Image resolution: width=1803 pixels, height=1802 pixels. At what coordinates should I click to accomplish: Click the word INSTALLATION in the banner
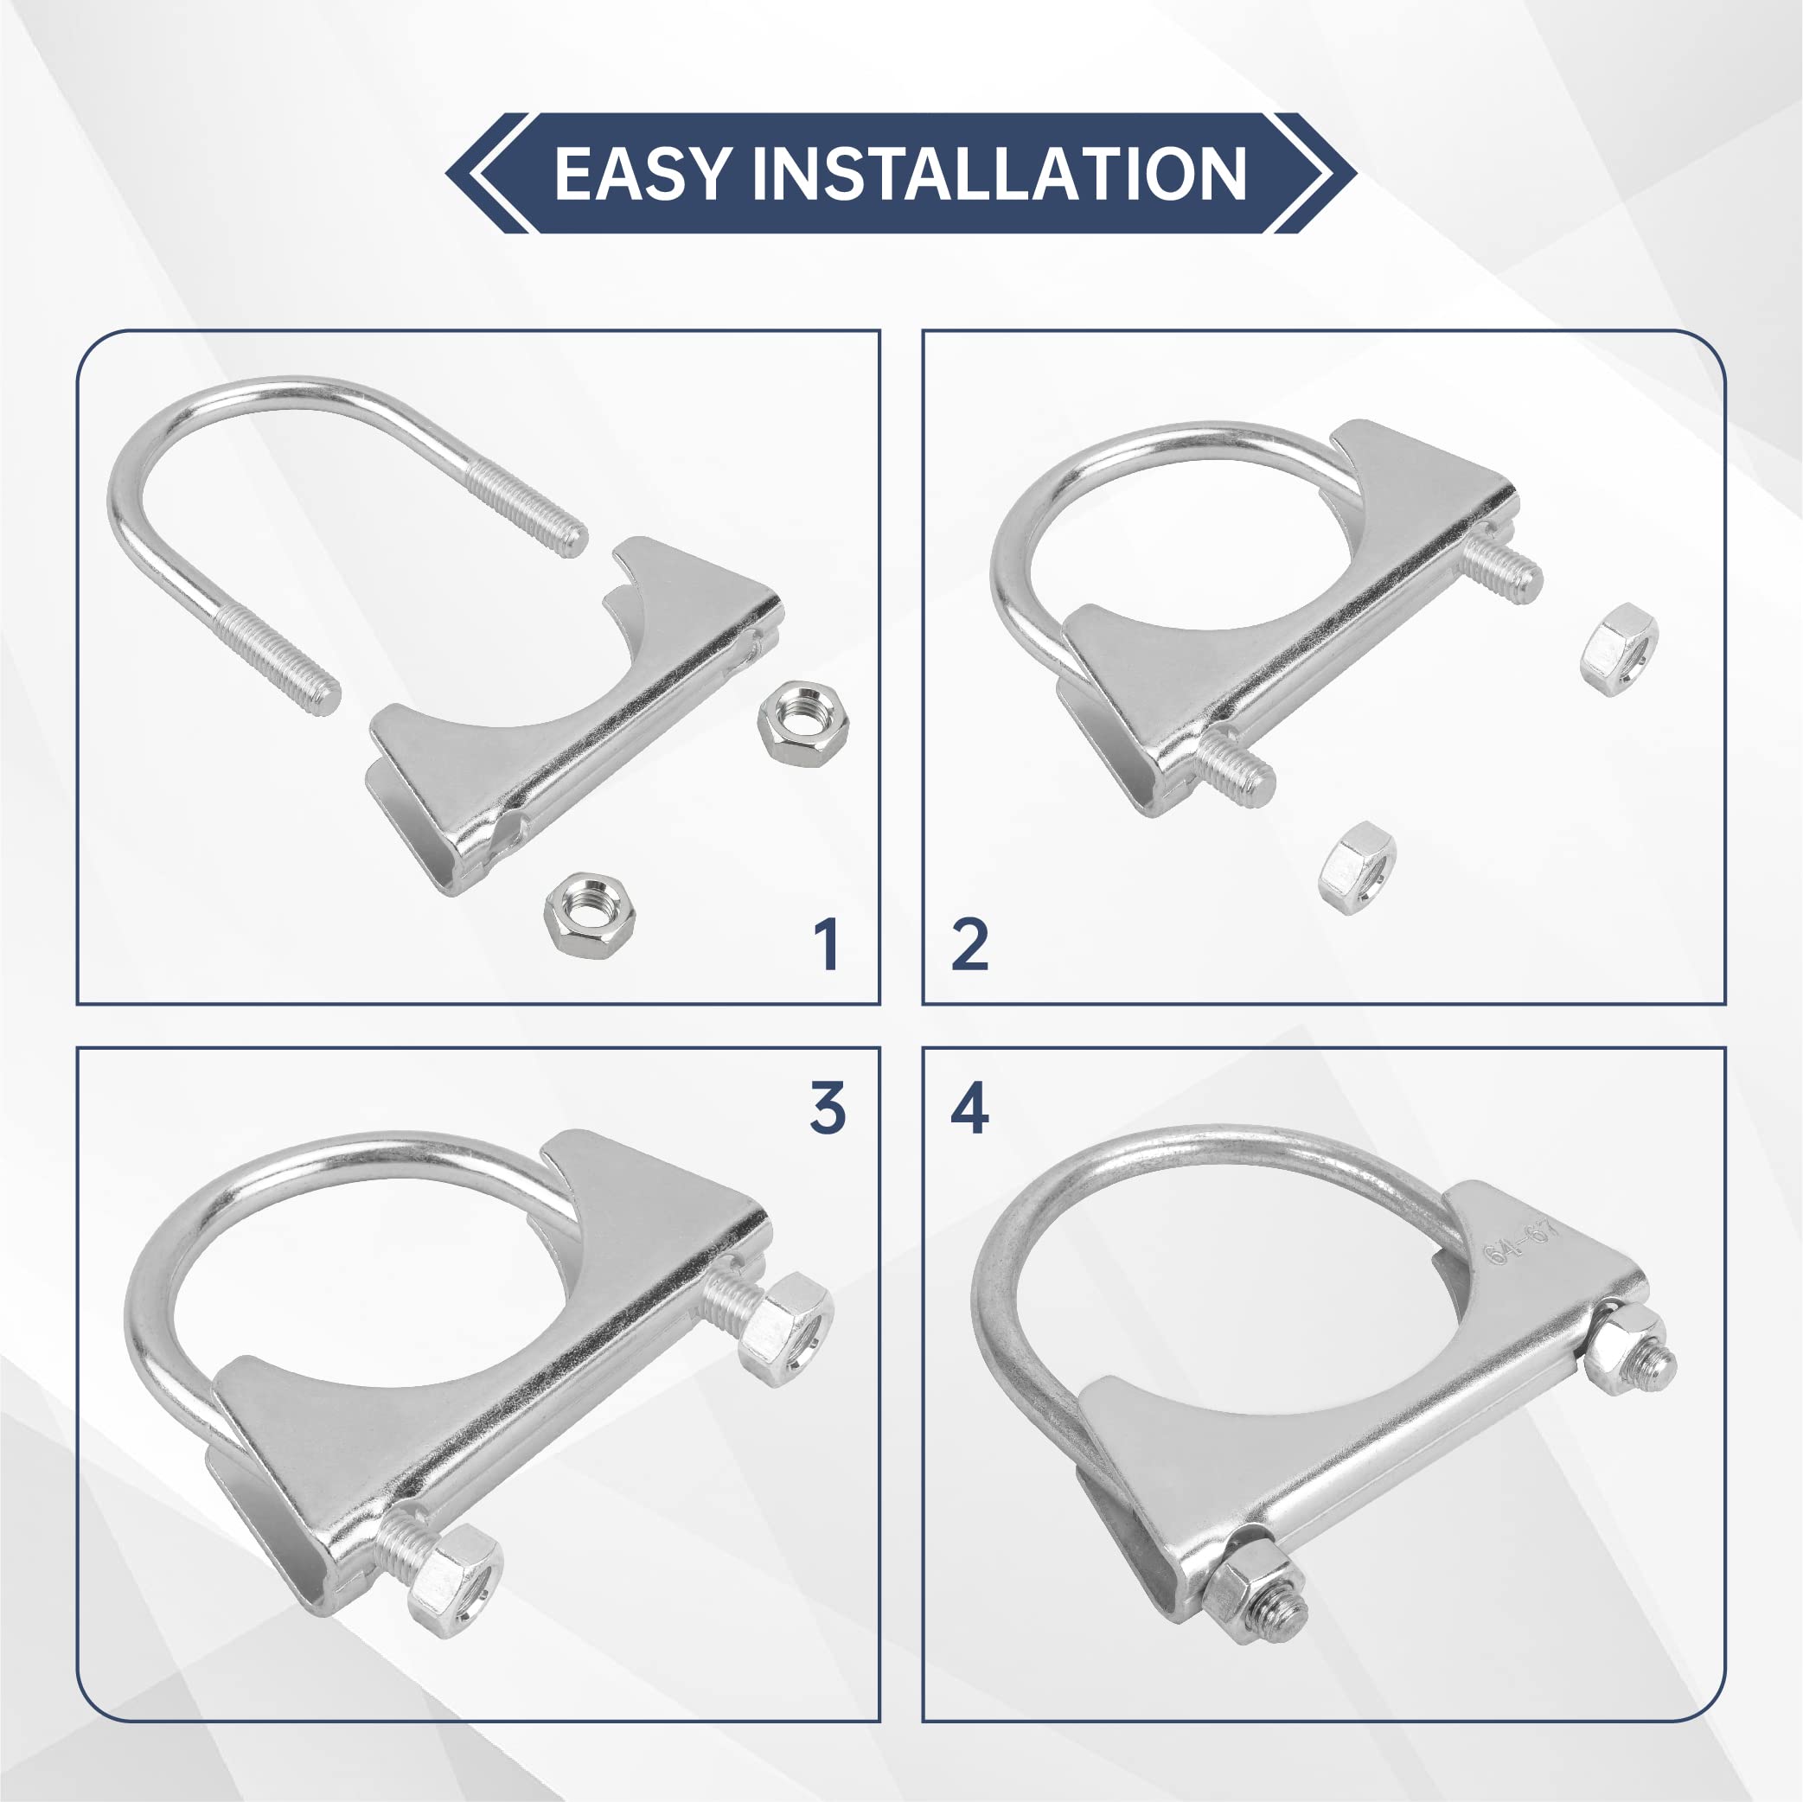click(999, 174)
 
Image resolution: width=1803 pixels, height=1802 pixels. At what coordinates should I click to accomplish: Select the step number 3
click(827, 1109)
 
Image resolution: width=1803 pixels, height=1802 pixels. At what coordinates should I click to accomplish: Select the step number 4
click(969, 1109)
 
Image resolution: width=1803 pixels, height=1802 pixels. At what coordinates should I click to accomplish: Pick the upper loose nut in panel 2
click(1619, 649)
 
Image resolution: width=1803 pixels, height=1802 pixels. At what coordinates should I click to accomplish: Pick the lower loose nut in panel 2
click(1357, 867)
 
